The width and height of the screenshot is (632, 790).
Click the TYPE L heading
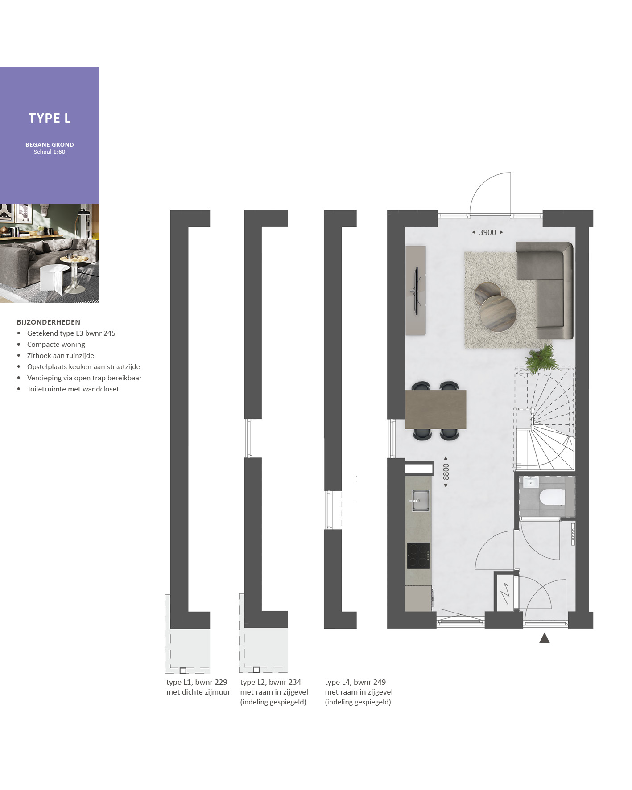point(50,118)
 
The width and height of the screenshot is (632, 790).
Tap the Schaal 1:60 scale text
point(50,152)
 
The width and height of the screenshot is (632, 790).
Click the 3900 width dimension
point(487,232)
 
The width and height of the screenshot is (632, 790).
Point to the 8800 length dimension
point(446,472)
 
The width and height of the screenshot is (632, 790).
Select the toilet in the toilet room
point(552,497)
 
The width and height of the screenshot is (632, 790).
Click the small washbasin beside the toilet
point(531,482)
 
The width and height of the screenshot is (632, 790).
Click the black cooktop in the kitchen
point(418,555)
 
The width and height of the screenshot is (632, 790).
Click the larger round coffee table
point(498,313)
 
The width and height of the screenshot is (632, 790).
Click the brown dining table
point(436,409)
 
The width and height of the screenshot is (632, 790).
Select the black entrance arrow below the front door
point(544,638)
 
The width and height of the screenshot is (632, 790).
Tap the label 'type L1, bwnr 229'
point(197,682)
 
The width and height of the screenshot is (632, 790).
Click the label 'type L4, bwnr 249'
point(355,682)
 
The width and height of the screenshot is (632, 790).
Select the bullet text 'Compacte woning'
point(56,345)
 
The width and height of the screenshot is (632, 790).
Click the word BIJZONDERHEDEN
point(49,322)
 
